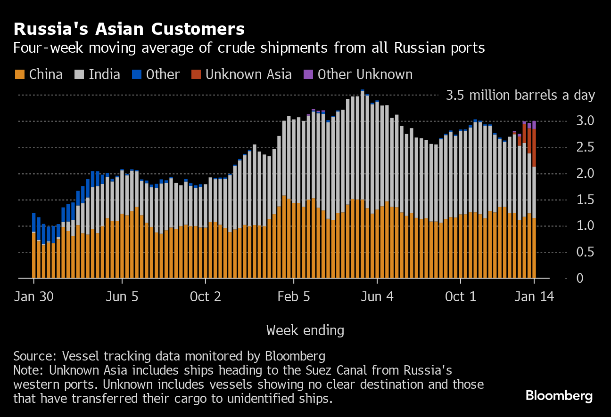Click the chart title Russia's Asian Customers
click(129, 29)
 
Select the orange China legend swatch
click(20, 74)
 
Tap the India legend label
click(104, 74)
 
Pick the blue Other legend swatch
click(137, 74)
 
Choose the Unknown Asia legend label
click(248, 74)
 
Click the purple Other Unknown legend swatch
click(308, 74)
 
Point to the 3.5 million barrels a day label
click(520, 96)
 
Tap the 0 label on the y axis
click(579, 279)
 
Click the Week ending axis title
click(305, 330)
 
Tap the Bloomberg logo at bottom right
click(559, 396)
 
